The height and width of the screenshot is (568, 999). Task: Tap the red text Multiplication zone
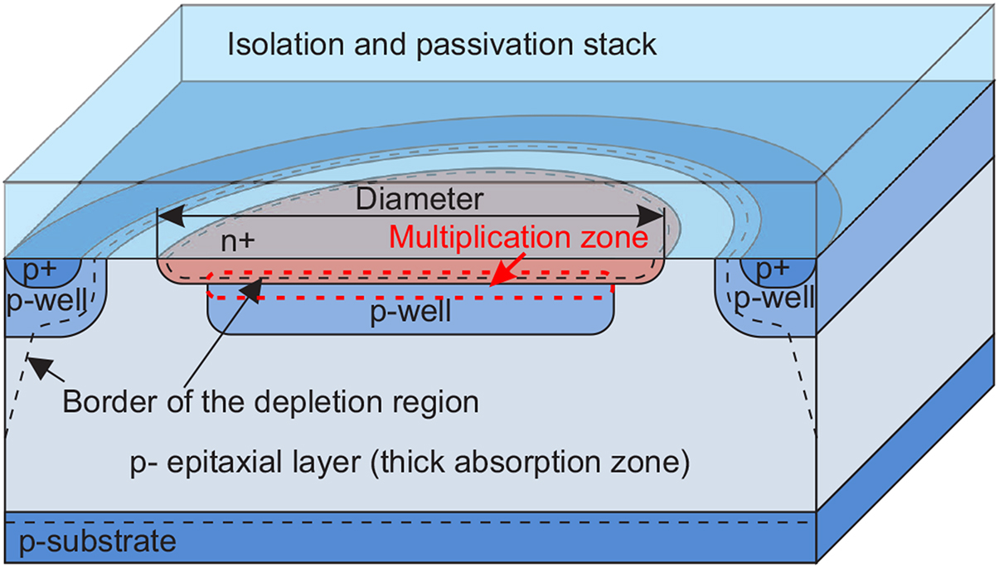point(519,238)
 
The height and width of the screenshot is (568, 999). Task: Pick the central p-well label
point(410,313)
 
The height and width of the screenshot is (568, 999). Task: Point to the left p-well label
point(46,301)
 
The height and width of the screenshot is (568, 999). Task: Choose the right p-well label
point(777,298)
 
